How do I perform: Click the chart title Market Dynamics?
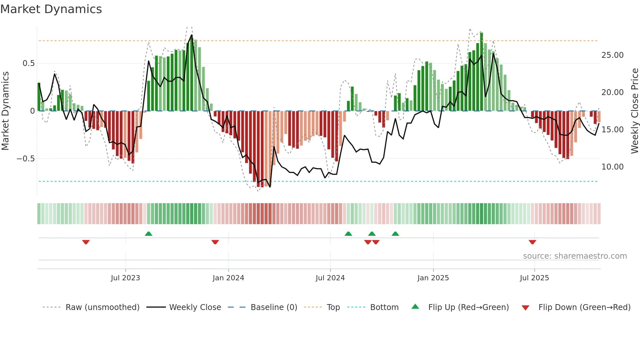(x=51, y=9)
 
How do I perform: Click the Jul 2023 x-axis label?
(x=125, y=278)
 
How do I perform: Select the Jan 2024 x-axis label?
(x=228, y=278)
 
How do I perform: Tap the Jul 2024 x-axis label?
(x=330, y=278)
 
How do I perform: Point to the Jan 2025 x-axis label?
(x=433, y=278)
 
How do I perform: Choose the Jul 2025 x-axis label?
(x=535, y=278)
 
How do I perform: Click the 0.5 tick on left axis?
(x=28, y=63)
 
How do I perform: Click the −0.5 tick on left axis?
(x=26, y=159)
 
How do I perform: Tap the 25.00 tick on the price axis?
(x=612, y=55)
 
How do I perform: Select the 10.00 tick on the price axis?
(x=612, y=167)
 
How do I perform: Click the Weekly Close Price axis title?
(x=634, y=111)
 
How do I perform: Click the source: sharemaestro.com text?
(x=575, y=256)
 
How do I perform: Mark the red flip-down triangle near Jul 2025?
(x=532, y=242)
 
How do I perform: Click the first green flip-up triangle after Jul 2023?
(x=149, y=234)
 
